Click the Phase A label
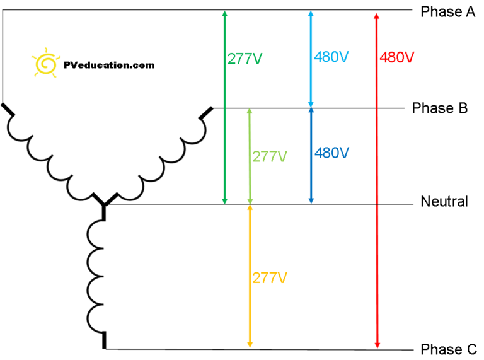coord(448,12)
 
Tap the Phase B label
coord(440,108)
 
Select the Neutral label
coord(444,201)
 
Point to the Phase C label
coord(449,349)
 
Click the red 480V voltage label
coord(397,57)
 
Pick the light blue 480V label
coord(331,57)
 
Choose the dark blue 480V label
coord(332,153)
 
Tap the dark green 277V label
coord(245,59)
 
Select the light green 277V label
coord(270,156)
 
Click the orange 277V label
coord(270,278)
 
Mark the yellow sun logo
coord(45,63)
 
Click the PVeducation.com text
coord(109,65)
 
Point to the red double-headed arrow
coord(377,180)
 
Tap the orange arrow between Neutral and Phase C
coord(250,276)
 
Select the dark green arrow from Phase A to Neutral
coord(225,107)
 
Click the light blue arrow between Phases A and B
coord(311,59)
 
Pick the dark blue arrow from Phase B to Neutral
coord(311,156)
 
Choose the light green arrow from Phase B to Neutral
coord(250,156)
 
